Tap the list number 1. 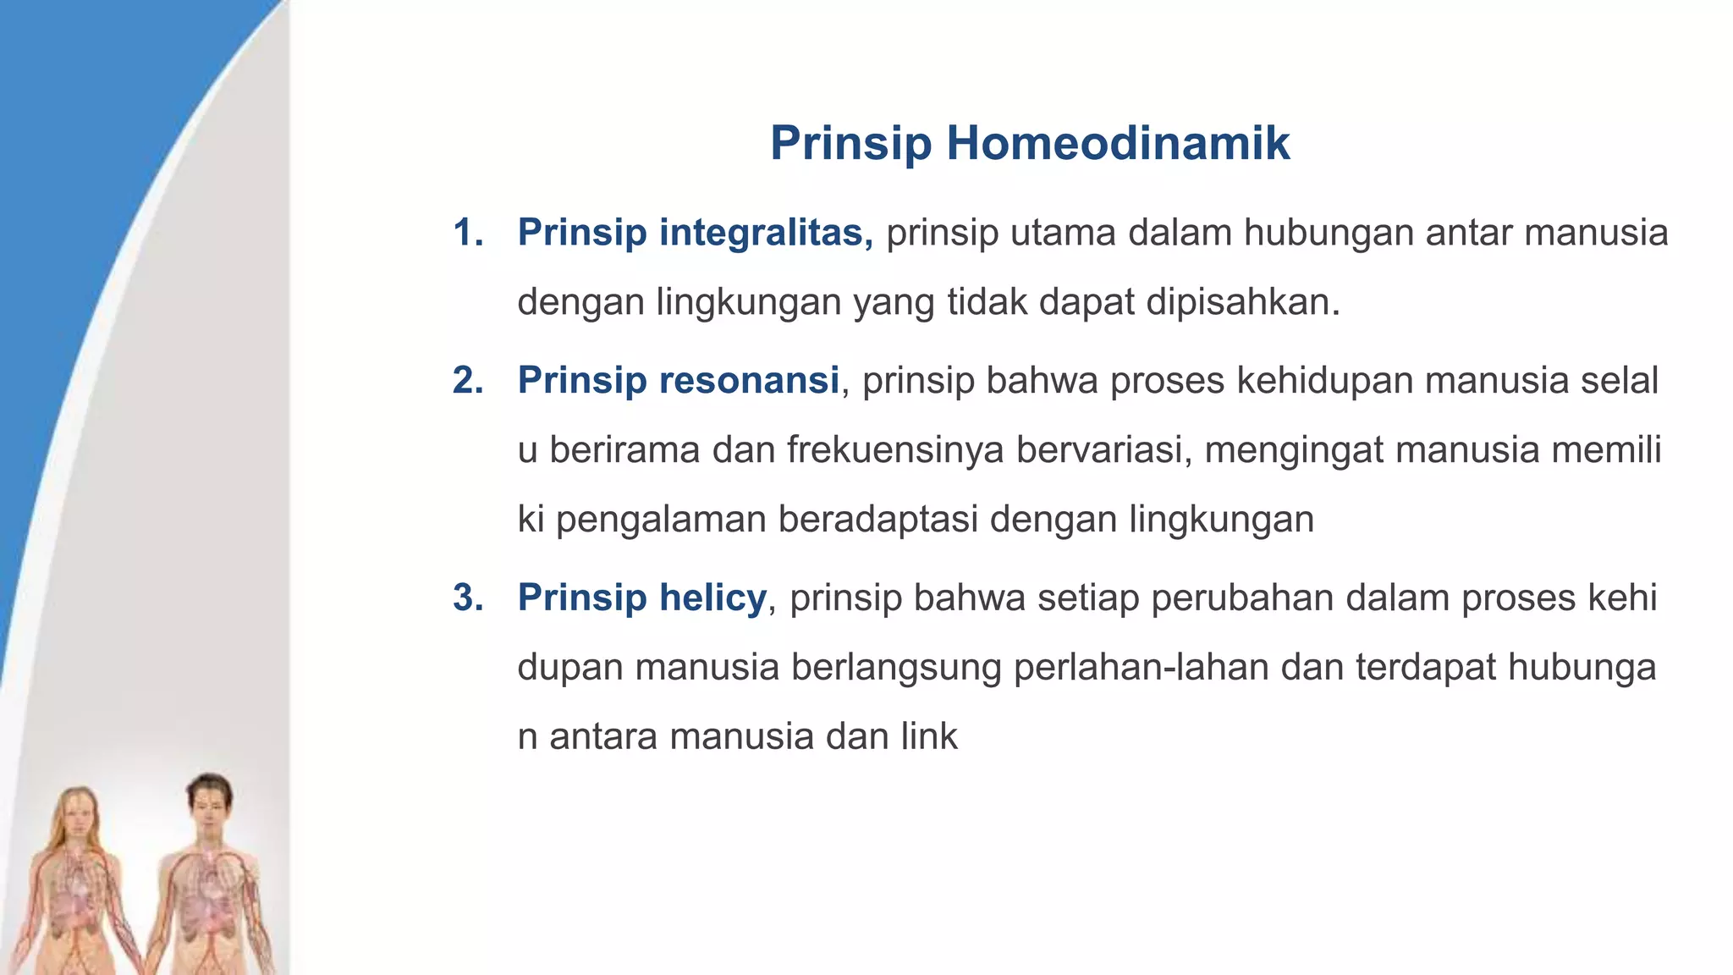click(467, 233)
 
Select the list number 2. click(467, 380)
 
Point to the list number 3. click(467, 598)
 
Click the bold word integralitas click(766, 233)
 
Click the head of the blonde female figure click(78, 816)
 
